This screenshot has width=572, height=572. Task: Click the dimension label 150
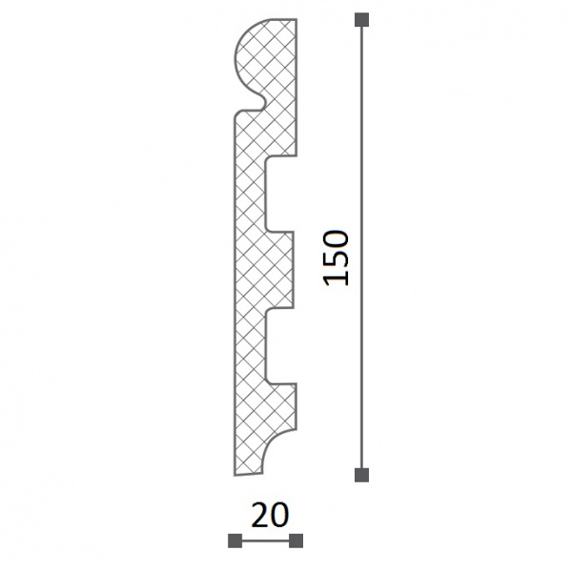(x=336, y=257)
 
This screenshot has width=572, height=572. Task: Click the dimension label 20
(x=271, y=515)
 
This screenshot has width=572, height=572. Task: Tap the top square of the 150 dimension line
(x=361, y=20)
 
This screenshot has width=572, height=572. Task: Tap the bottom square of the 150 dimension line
(x=361, y=475)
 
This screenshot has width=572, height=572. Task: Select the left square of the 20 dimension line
(x=235, y=541)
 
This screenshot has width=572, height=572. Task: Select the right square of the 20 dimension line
(x=296, y=541)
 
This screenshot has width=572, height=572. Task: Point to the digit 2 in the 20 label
(x=260, y=515)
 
